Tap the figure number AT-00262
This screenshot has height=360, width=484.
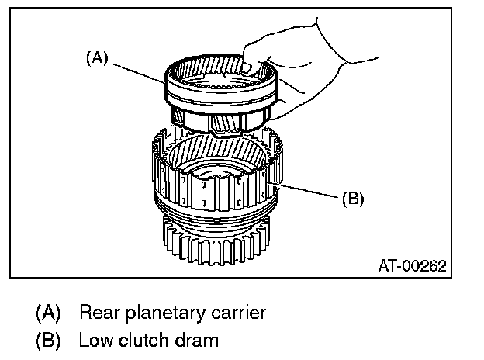pyautogui.click(x=412, y=265)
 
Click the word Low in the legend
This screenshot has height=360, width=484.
pyautogui.click(x=93, y=340)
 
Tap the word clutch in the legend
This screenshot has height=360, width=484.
pyautogui.click(x=140, y=340)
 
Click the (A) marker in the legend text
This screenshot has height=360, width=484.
pyautogui.click(x=47, y=313)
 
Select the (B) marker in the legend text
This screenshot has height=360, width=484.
pyautogui.click(x=47, y=340)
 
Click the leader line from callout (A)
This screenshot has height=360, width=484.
pyautogui.click(x=140, y=71)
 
